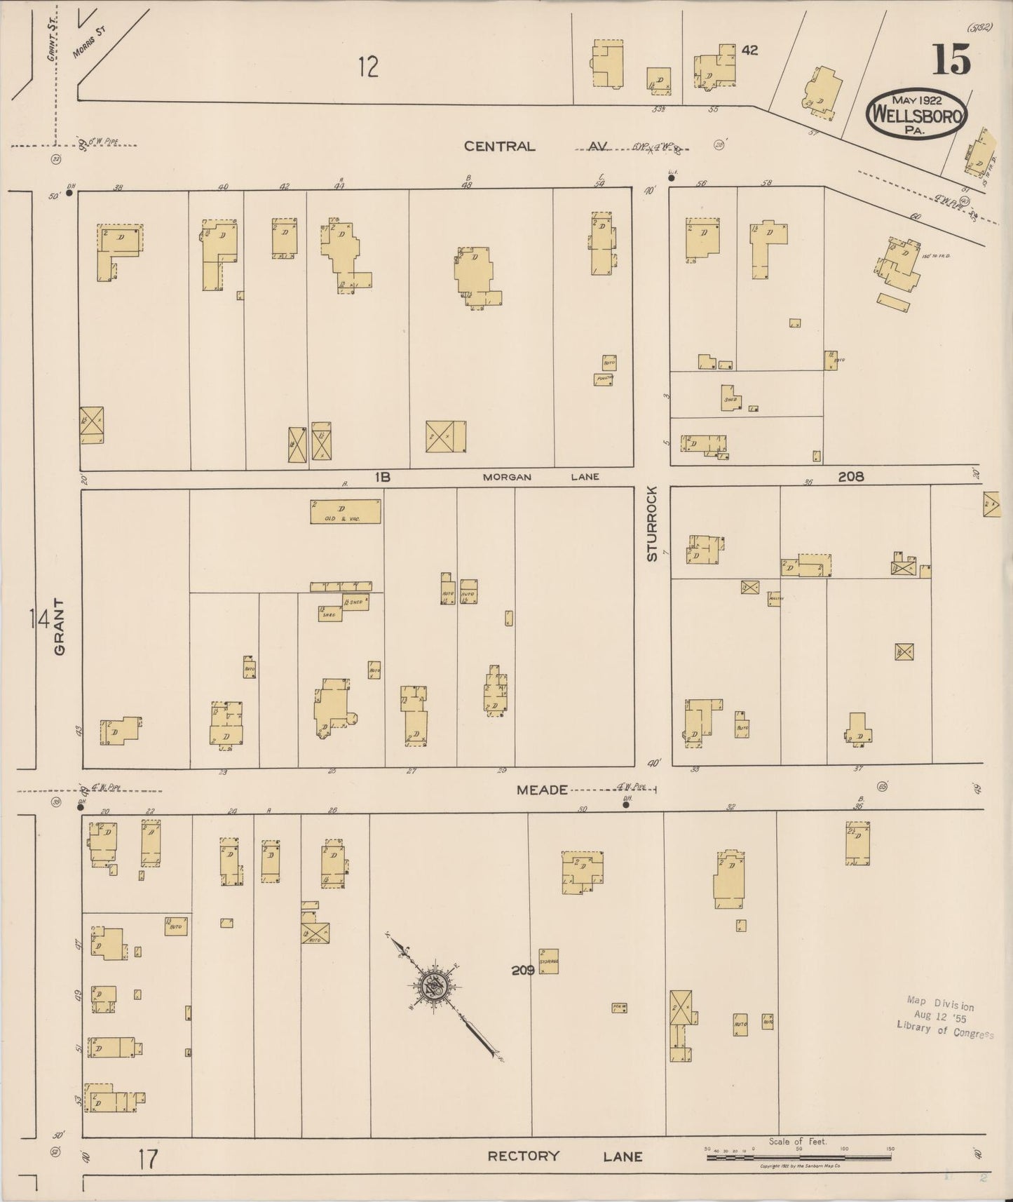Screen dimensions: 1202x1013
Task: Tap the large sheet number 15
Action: click(x=951, y=60)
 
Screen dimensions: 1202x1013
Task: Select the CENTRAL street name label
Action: click(x=499, y=147)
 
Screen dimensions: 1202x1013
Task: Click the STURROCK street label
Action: click(x=653, y=523)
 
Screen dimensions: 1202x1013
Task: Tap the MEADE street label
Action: click(x=542, y=790)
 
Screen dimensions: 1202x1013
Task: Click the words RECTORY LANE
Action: click(x=564, y=1156)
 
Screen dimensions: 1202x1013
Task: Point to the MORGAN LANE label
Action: click(x=541, y=477)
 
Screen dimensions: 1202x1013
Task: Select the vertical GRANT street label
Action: click(x=60, y=626)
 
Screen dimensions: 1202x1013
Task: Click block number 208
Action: click(x=851, y=476)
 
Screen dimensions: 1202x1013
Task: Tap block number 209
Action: click(x=523, y=971)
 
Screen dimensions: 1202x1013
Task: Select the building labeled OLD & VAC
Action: click(x=346, y=511)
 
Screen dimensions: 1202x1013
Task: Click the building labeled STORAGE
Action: click(x=549, y=961)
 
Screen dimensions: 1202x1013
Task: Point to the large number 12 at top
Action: click(x=368, y=67)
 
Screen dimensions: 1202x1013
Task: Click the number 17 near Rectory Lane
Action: click(x=148, y=1159)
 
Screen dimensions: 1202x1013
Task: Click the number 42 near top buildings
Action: click(x=749, y=50)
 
